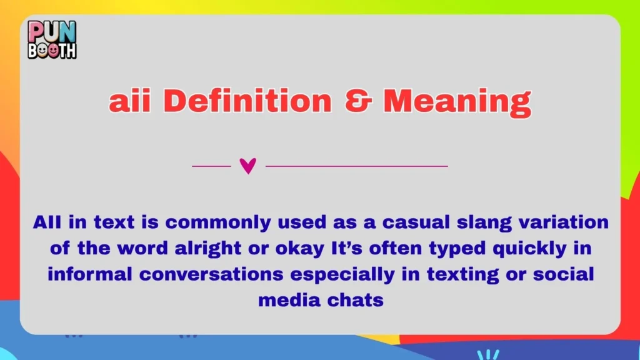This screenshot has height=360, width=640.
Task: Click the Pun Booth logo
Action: pos(52,39)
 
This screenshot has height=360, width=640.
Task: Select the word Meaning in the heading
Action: pos(457,102)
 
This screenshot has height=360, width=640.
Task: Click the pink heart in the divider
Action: pos(248,166)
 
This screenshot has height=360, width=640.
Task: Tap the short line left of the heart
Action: pos(211,166)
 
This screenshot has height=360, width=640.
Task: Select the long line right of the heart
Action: pos(356,166)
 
